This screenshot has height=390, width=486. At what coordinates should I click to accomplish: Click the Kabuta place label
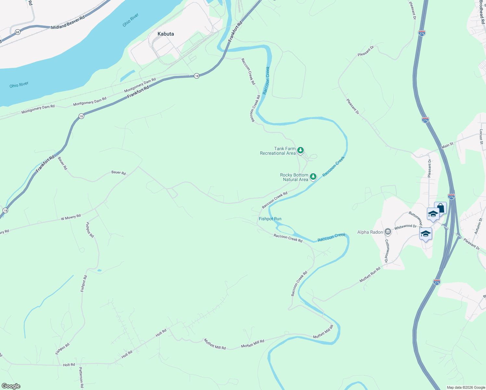166,34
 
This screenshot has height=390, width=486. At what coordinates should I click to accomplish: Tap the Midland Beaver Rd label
68,23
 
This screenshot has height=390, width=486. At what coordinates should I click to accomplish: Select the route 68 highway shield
17,32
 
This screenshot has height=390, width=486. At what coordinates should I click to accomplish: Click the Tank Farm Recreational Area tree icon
301,150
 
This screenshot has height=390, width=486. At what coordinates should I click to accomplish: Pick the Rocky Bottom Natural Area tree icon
313,176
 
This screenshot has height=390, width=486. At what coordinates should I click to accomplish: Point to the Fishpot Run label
270,219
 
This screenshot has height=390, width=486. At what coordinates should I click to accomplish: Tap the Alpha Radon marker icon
388,232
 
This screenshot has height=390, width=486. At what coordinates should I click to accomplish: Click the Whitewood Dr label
405,227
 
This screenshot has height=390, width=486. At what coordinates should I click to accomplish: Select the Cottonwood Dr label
387,251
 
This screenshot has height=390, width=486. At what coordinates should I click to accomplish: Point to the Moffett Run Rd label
370,275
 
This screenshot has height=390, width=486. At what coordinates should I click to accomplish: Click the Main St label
447,145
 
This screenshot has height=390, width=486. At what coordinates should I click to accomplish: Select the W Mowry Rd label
70,217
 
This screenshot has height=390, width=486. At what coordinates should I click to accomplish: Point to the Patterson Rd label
81,377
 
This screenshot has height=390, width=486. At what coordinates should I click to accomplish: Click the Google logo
11,386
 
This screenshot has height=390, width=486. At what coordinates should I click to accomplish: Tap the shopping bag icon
441,208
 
